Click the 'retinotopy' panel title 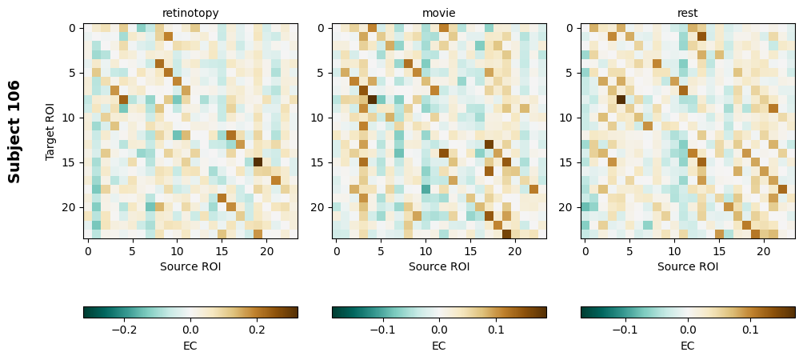[190, 13]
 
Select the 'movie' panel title [439, 13]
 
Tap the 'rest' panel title [688, 13]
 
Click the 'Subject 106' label [14, 131]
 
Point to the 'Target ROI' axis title [50, 131]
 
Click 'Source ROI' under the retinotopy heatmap [190, 266]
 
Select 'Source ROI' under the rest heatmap [688, 266]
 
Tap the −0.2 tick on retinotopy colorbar [124, 330]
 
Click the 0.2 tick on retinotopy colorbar [257, 330]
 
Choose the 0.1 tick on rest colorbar [750, 330]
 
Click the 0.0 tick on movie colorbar [439, 330]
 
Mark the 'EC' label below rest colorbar [688, 346]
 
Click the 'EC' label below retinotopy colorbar [190, 346]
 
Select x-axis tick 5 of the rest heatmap [629, 251]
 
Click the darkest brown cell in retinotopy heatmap [258, 162]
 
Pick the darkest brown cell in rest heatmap [621, 99]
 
